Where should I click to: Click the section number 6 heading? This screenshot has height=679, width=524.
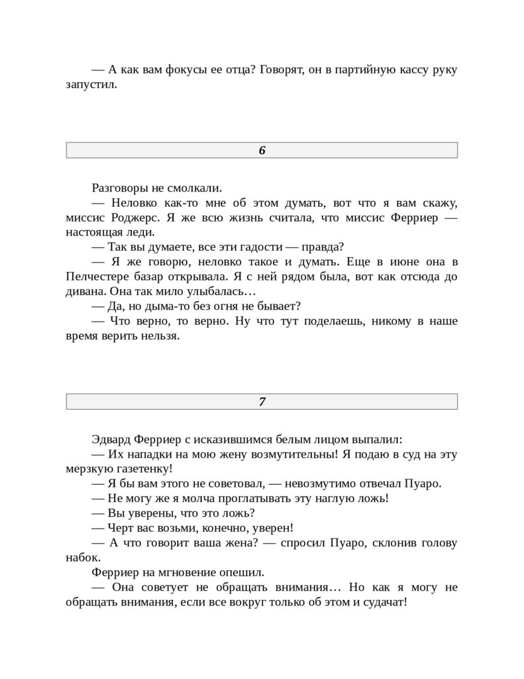click(262, 151)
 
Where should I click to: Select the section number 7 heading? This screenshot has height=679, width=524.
click(262, 401)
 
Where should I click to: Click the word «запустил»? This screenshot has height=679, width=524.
click(91, 84)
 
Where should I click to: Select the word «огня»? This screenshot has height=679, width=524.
click(235, 306)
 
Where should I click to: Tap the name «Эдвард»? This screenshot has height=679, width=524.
click(112, 439)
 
